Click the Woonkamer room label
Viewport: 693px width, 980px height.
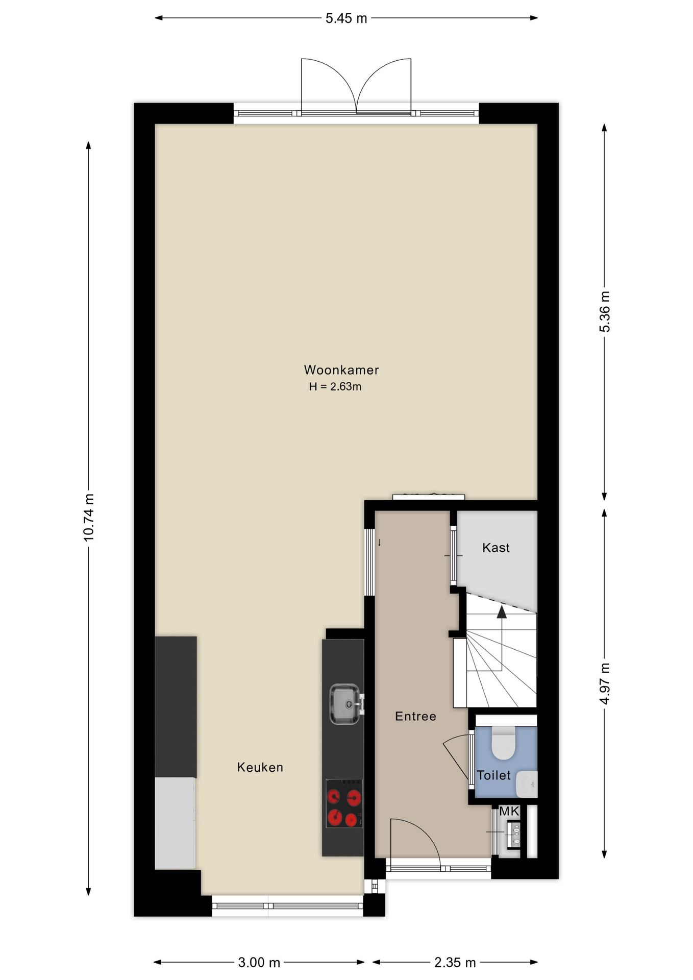point(341,370)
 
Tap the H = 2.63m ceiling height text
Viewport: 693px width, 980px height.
point(335,386)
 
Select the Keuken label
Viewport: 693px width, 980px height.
point(260,767)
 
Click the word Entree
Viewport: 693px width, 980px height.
point(415,716)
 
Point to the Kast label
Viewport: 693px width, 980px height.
point(496,548)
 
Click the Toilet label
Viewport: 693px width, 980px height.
point(493,775)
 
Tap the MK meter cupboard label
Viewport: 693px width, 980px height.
point(509,811)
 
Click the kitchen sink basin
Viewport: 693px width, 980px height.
point(345,704)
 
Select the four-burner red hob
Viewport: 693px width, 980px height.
point(344,803)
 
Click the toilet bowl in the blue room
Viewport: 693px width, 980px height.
point(504,743)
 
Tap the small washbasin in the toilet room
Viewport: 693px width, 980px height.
point(527,784)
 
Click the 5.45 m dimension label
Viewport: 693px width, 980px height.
point(346,18)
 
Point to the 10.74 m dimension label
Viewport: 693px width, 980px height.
point(89,518)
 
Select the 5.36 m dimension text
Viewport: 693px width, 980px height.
point(605,311)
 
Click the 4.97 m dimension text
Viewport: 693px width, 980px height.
point(605,683)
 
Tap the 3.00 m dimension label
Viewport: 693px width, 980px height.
point(259,963)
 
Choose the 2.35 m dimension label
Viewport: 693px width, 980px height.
point(455,963)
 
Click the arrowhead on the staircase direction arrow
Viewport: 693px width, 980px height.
point(502,611)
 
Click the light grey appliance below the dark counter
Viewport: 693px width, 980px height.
point(175,823)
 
